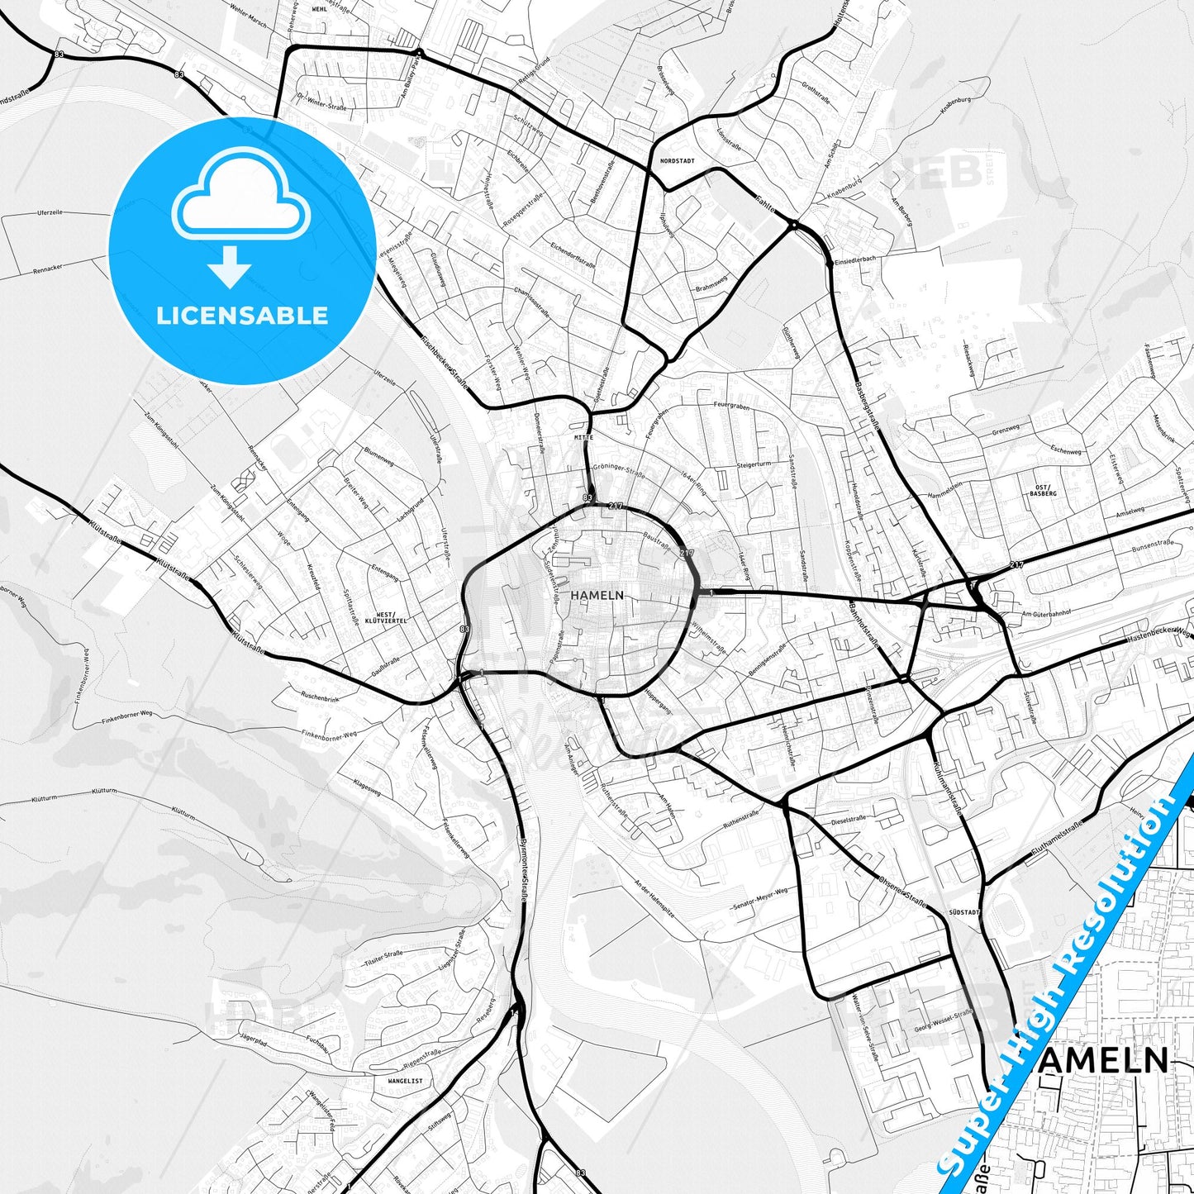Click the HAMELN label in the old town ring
coord(597,595)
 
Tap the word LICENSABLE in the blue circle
coord(242,315)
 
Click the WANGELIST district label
coord(405,1080)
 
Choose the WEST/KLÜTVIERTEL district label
coord(379,617)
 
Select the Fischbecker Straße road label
coord(444,364)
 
